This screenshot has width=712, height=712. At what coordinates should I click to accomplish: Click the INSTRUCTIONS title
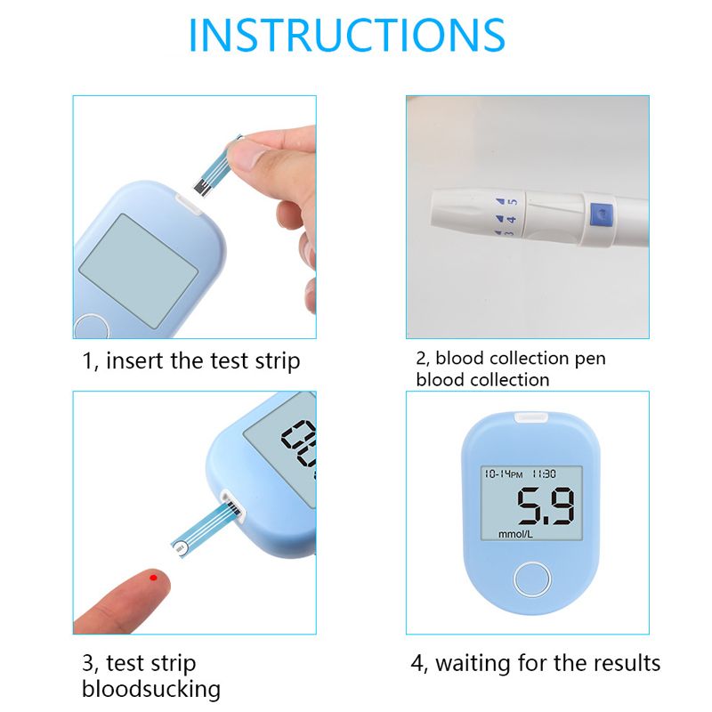pos(347,35)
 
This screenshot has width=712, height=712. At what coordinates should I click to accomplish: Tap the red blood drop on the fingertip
pos(153,578)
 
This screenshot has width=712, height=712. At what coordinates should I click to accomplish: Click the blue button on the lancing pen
pos(602,214)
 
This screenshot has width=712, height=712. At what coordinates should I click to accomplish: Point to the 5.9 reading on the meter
pos(546,506)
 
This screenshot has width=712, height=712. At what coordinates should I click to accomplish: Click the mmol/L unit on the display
pos(515,534)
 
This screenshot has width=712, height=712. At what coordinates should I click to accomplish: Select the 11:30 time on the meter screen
pos(544,474)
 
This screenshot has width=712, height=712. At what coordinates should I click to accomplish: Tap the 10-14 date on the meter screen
pos(498,474)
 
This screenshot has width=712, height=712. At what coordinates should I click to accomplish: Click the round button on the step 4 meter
pos(532,579)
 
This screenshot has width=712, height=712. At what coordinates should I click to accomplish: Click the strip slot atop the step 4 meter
pos(530,417)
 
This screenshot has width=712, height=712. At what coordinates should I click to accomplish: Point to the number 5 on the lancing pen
pos(513,201)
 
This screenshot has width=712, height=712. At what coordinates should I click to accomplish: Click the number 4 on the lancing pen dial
pos(511,219)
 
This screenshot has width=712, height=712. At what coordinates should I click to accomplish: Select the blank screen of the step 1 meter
pos(139,271)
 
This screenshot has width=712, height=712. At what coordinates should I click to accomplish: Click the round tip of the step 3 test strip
pos(181,548)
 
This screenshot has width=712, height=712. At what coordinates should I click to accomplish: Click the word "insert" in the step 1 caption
pos(135,361)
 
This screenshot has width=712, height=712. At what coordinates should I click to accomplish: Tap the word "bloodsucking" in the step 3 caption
pos(151,689)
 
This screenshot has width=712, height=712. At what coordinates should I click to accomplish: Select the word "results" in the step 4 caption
pos(627,663)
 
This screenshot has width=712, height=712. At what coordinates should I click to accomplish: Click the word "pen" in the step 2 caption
pos(590,360)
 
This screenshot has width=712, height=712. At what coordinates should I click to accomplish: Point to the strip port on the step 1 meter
pos(189,205)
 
